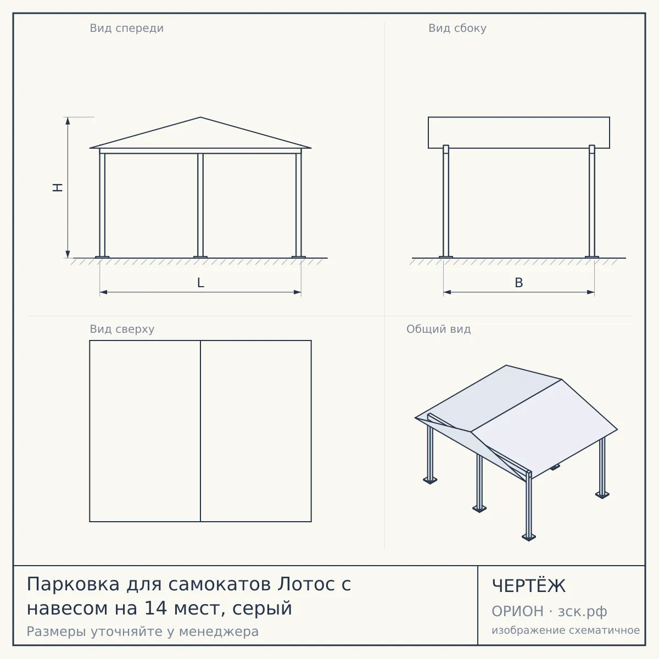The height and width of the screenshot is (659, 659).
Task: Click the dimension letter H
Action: click(x=58, y=187)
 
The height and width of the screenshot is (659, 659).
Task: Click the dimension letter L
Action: click(x=201, y=283)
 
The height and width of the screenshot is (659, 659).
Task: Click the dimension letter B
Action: click(x=519, y=283)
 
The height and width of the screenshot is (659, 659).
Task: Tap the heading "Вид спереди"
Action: click(x=126, y=29)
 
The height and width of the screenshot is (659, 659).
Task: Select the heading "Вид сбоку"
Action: click(x=457, y=29)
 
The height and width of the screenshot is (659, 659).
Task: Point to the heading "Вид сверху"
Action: click(x=122, y=329)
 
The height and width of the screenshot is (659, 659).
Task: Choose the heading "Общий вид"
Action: click(x=438, y=329)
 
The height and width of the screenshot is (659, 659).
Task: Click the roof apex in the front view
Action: click(x=200, y=118)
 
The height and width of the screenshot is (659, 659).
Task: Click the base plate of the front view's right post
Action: click(x=299, y=257)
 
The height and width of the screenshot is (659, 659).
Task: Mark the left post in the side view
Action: click(x=446, y=201)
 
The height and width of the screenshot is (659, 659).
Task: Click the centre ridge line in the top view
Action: click(x=200, y=431)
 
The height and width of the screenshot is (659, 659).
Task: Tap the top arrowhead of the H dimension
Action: click(x=68, y=120)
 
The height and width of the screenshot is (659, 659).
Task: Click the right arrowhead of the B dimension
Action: click(x=591, y=292)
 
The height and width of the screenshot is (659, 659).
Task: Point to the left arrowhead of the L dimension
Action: click(x=103, y=292)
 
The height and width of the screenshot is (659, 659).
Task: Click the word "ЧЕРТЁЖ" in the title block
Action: click(x=529, y=586)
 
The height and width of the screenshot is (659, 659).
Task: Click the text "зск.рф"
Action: click(x=583, y=611)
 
